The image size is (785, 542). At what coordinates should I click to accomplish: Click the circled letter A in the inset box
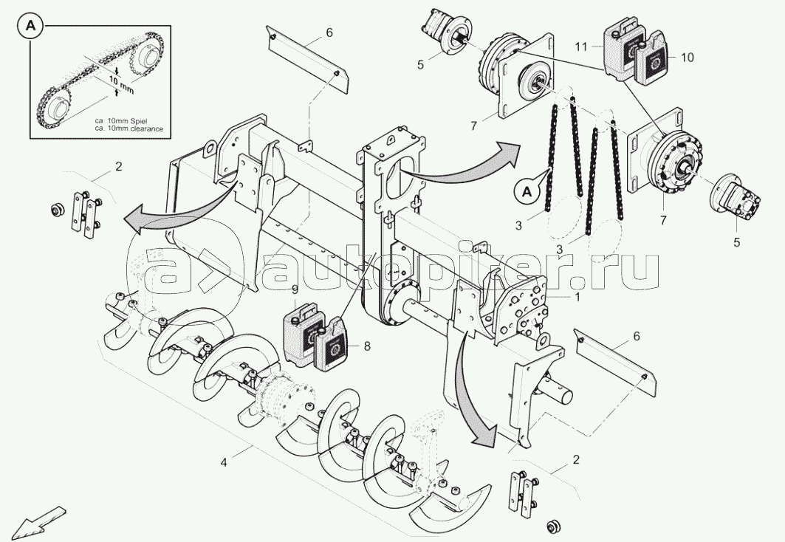click(30, 27)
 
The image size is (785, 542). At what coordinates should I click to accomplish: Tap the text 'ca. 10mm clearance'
click(129, 128)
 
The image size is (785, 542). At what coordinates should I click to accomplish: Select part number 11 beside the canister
click(580, 47)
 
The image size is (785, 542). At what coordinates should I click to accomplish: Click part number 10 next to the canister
click(688, 58)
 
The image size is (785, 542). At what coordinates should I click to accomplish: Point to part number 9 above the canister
click(295, 290)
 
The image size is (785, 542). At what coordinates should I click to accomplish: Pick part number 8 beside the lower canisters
click(367, 346)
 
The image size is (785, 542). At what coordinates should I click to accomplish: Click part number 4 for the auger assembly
click(224, 463)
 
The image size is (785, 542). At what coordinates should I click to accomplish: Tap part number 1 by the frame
click(577, 297)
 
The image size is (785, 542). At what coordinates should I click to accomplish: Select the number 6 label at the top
click(329, 33)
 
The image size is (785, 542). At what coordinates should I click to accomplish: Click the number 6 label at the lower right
click(637, 336)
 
